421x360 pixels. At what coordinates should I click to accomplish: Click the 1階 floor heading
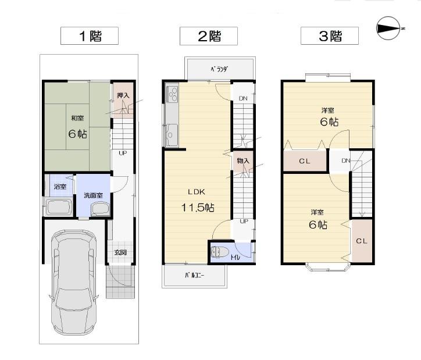pyautogui.click(x=90, y=36)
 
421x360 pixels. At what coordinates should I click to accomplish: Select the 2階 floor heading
pyautogui.click(x=209, y=36)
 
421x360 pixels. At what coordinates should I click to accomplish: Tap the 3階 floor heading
pyautogui.click(x=330, y=36)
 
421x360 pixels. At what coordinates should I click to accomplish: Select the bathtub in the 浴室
pyautogui.click(x=58, y=206)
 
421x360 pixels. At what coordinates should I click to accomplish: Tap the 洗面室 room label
pyautogui.click(x=93, y=195)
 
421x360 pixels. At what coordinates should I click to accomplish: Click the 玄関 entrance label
pyautogui.click(x=120, y=252)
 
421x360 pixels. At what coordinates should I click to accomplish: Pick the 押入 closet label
pyautogui.click(x=122, y=96)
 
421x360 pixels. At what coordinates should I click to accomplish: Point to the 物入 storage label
pyautogui.click(x=242, y=161)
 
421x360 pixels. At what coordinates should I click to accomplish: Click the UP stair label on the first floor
pyautogui.click(x=123, y=154)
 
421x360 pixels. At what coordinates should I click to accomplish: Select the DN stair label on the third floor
pyautogui.click(x=345, y=161)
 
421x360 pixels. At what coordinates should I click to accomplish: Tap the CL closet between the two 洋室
pyautogui.click(x=304, y=161)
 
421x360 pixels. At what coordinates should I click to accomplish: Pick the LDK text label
pyautogui.click(x=196, y=191)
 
